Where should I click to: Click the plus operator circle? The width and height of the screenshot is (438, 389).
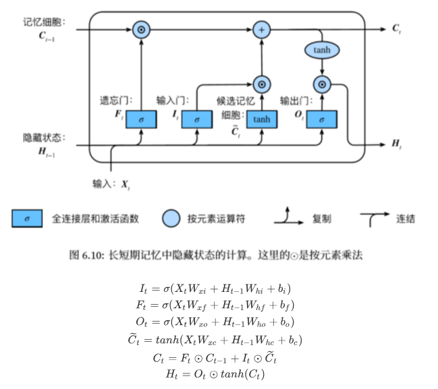(x=261, y=30)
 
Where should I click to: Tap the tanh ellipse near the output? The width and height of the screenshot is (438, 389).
(x=322, y=51)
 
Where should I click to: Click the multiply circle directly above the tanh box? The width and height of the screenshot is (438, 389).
(x=261, y=84)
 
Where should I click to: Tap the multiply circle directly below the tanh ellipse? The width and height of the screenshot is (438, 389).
(x=322, y=84)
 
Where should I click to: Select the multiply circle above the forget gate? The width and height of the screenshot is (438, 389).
(x=141, y=30)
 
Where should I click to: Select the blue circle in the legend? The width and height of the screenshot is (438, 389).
(x=171, y=218)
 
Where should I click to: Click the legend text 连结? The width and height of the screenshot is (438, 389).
(x=406, y=218)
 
